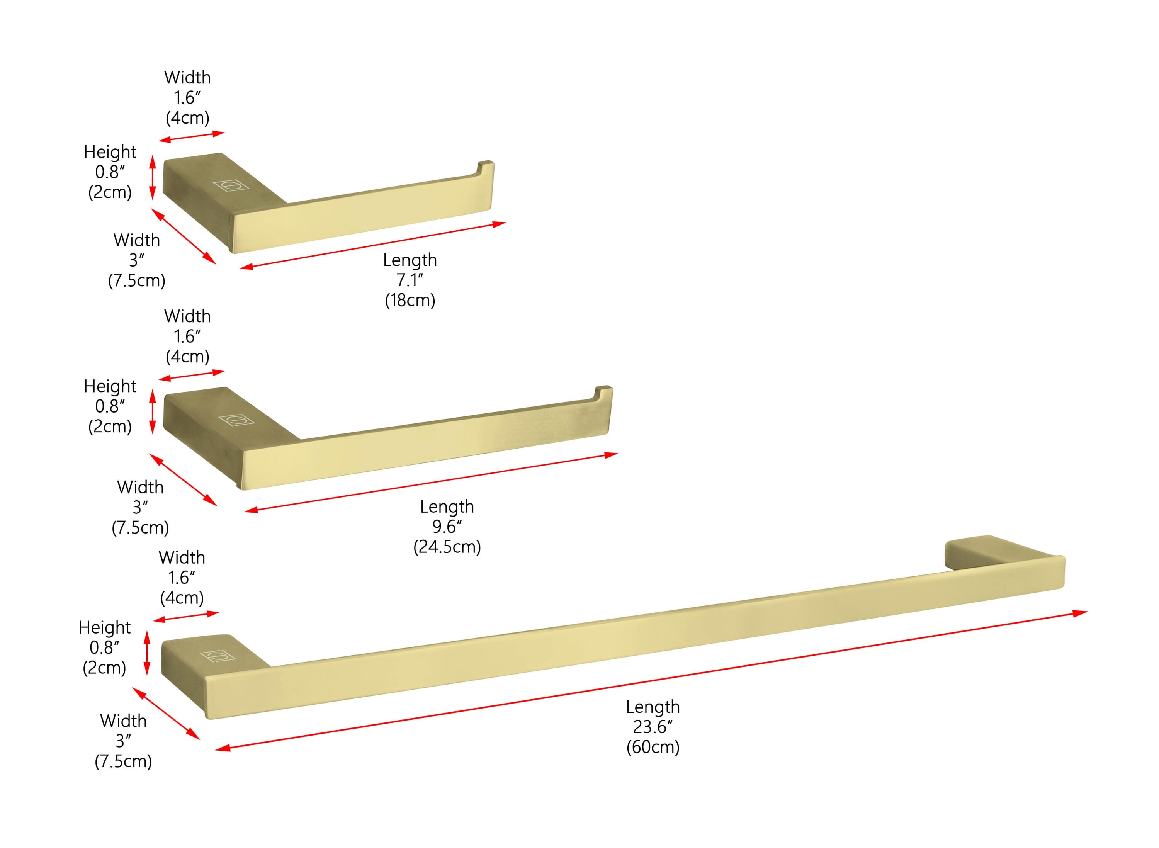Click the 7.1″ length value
click(410, 280)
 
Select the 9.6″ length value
click(447, 526)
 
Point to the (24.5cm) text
click(447, 547)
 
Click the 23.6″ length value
click(653, 727)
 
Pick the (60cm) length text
click(653, 747)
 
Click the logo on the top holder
click(231, 185)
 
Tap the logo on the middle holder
click(236, 420)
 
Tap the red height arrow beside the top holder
click(153, 178)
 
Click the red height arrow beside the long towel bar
click(147, 653)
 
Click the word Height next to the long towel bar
click(105, 627)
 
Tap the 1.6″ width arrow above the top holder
click(192, 136)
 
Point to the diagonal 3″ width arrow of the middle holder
click(183, 479)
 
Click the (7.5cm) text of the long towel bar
click(123, 761)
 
